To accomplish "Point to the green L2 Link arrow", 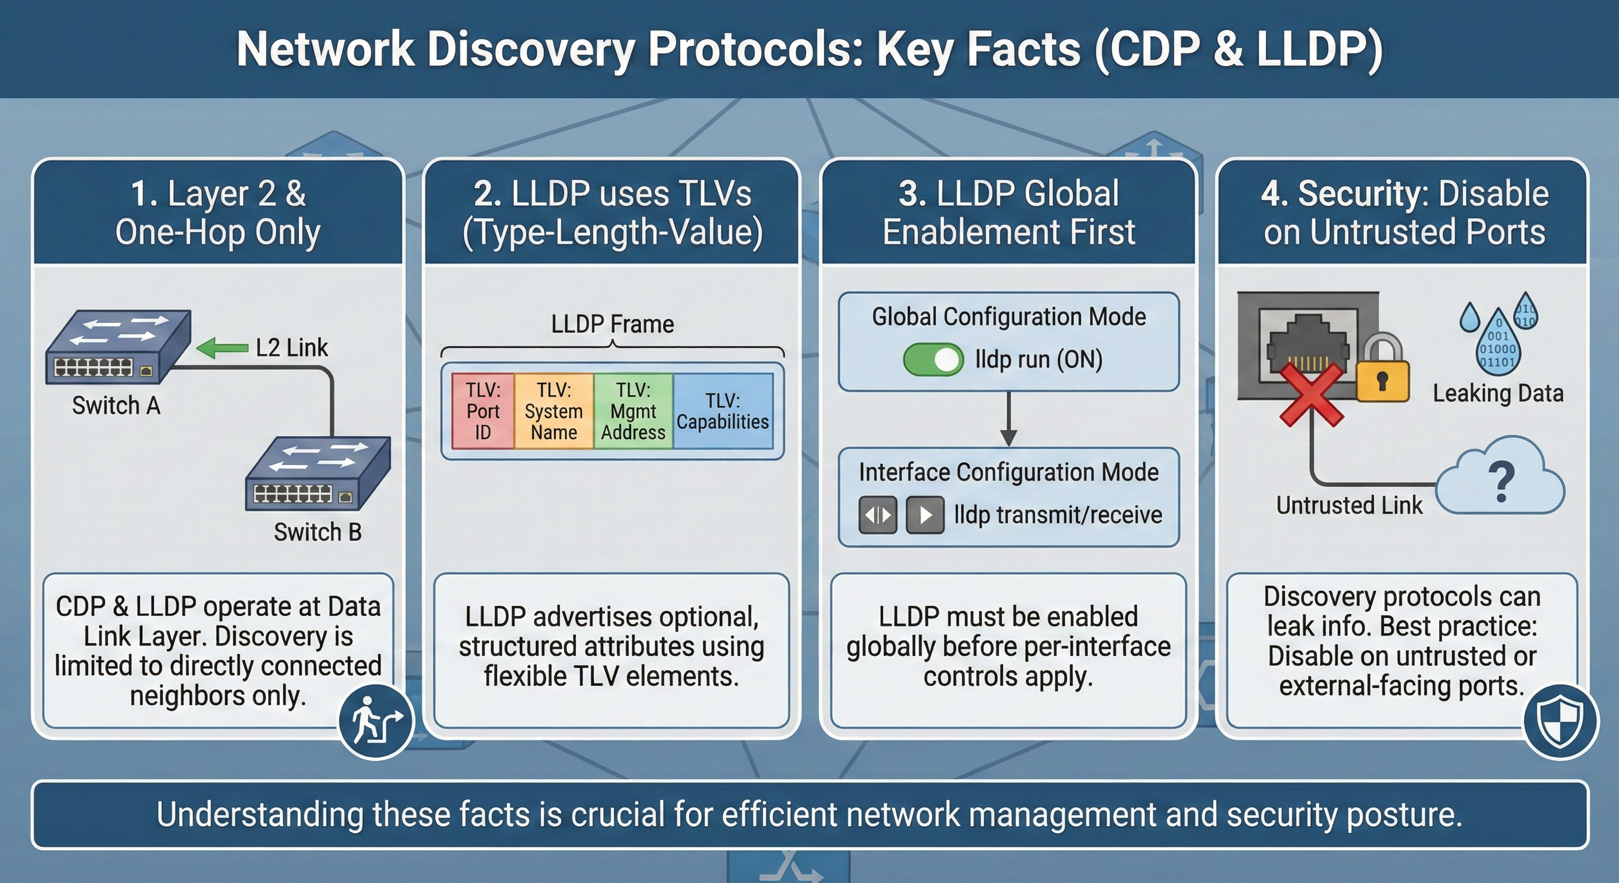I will click(222, 348).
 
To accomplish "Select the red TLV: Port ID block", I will click(483, 411).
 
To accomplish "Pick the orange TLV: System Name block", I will click(553, 411).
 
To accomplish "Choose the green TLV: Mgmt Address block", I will click(633, 411).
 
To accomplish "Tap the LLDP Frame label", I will click(612, 324).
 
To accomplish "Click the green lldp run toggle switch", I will click(933, 360).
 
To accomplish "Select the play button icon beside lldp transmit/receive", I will click(925, 515).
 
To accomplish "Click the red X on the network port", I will click(1311, 396).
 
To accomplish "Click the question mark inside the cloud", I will click(1502, 482).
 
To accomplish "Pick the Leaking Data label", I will click(1498, 393).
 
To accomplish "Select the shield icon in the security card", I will click(1560, 722).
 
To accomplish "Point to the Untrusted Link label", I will click(1349, 505).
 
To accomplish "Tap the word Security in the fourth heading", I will click(1363, 193).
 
